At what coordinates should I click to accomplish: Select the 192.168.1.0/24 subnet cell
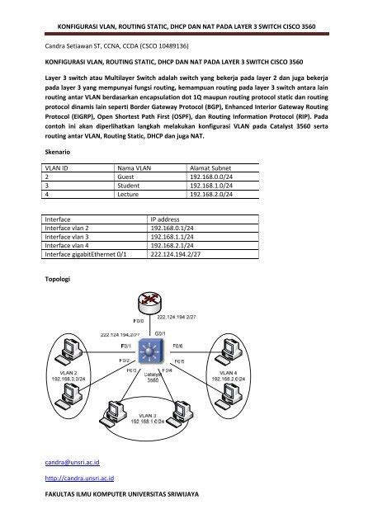click(211, 187)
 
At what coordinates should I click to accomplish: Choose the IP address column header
click(171, 221)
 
